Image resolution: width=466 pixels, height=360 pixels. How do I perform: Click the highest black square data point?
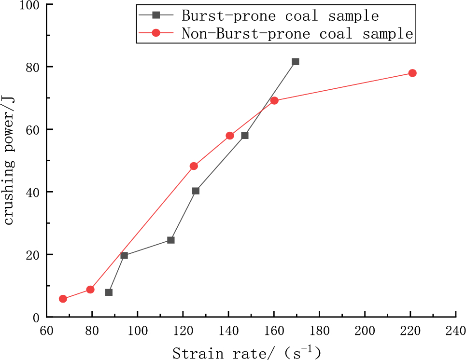(x=296, y=62)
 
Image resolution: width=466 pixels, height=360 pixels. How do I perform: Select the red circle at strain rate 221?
(x=412, y=73)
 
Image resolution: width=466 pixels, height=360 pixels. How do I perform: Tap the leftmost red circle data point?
(x=63, y=299)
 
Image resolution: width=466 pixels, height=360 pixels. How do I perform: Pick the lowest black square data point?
(x=109, y=292)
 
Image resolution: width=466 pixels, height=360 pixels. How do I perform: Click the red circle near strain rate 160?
(x=274, y=100)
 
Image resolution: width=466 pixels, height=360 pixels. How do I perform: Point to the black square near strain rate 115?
(x=170, y=240)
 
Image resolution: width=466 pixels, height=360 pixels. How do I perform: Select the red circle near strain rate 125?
(x=194, y=166)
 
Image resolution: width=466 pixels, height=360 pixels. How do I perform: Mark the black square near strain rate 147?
(x=245, y=136)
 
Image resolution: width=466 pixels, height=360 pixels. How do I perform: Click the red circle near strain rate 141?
(x=230, y=136)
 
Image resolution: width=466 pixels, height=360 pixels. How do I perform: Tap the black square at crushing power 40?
(x=196, y=191)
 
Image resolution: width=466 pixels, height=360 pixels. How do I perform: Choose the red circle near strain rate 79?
(x=90, y=290)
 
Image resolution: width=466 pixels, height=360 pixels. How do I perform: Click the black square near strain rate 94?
(x=124, y=255)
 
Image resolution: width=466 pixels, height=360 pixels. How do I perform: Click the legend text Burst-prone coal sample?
(x=280, y=15)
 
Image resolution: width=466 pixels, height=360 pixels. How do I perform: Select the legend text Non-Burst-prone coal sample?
(x=297, y=33)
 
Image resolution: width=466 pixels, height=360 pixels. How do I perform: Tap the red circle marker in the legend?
(x=156, y=33)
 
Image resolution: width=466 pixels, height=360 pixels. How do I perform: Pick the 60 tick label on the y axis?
(x=33, y=130)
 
